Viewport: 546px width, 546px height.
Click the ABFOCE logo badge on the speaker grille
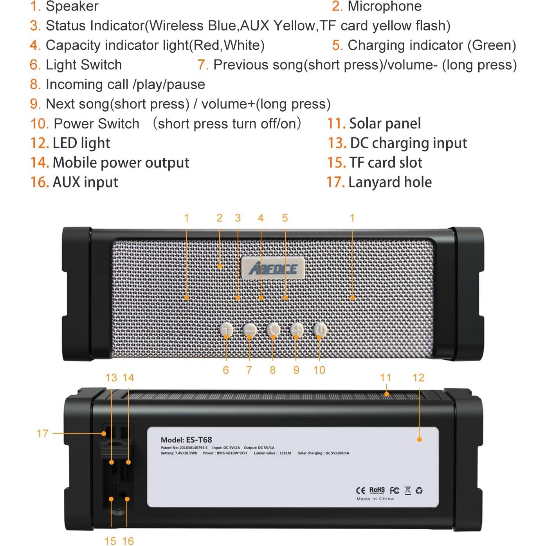(273, 268)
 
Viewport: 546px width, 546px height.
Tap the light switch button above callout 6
(226, 330)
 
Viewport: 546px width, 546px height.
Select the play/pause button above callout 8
(273, 330)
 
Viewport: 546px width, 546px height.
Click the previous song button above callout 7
(250, 330)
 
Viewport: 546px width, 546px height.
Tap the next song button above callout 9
(296, 330)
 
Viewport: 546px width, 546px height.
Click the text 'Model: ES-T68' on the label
(186, 440)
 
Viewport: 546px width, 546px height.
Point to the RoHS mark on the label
(377, 490)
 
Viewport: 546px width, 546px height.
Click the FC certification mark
(395, 490)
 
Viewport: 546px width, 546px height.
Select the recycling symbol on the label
(419, 490)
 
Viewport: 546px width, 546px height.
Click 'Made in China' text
(375, 499)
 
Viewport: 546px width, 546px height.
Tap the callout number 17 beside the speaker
(42, 433)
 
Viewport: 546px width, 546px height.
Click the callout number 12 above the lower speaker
(418, 378)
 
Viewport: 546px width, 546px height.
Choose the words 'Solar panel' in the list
(385, 124)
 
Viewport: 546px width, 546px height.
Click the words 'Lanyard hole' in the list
(390, 182)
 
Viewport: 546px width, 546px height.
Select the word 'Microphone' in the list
(384, 6)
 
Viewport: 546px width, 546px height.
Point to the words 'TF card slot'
(386, 163)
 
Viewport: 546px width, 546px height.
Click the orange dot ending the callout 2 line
(220, 266)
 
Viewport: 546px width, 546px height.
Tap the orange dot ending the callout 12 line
(420, 440)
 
